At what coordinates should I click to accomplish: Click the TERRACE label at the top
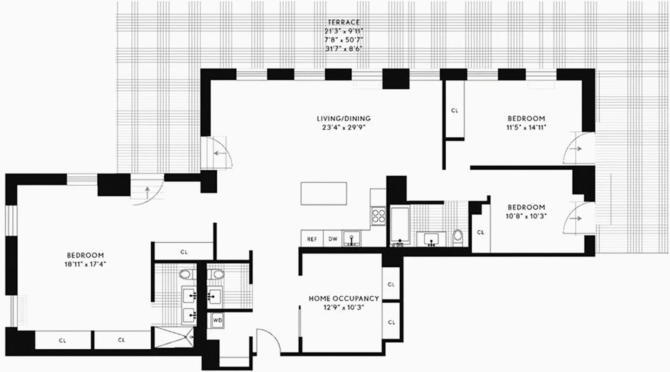tap(343, 22)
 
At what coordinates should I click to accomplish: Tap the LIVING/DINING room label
tap(343, 119)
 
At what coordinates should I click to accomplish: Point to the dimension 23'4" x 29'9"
tap(343, 128)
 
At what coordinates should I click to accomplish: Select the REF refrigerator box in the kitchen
tap(311, 239)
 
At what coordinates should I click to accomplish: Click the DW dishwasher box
tap(333, 239)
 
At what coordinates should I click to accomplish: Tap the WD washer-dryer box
tap(217, 320)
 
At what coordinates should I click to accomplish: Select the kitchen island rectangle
tap(324, 193)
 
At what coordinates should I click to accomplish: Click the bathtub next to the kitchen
tap(400, 226)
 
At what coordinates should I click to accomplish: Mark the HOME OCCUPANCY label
tap(344, 299)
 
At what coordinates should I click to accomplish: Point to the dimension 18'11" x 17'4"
tap(85, 265)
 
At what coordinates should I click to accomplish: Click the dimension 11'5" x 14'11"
tap(526, 128)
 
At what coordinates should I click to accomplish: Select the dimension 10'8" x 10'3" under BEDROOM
tap(526, 216)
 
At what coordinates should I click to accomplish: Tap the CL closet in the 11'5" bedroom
tap(455, 111)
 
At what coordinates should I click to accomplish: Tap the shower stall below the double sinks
tap(174, 337)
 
